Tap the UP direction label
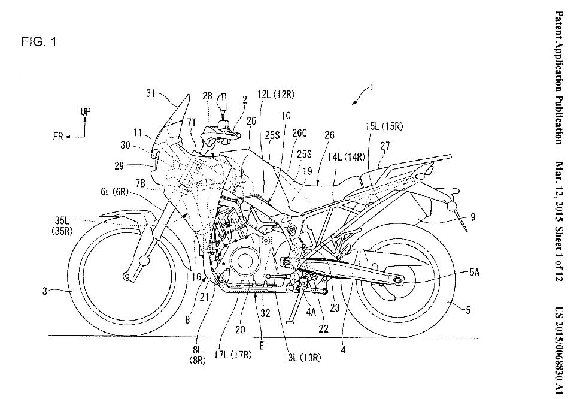click(85, 111)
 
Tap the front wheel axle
click(127, 276)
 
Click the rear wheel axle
click(397, 279)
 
